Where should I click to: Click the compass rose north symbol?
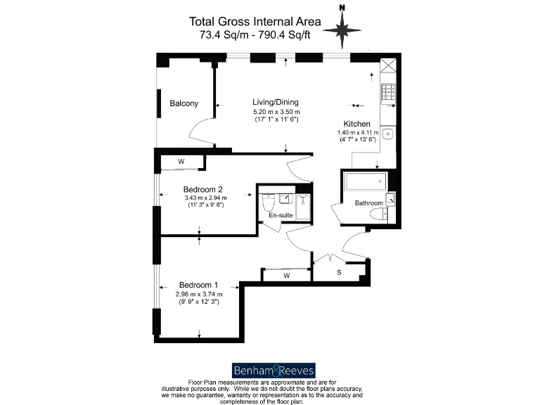[342, 28]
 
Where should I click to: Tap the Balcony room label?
[184, 104]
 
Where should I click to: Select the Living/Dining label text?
[276, 102]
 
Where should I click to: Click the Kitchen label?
[356, 124]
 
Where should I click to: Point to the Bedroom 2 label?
[203, 189]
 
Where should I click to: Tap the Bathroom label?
[368, 203]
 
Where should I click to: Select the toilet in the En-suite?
[268, 205]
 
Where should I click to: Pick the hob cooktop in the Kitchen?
[387, 92]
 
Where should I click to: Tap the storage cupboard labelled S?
[340, 272]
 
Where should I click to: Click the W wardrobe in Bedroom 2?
[181, 162]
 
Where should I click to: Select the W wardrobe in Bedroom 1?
[286, 275]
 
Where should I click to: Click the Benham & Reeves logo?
[274, 370]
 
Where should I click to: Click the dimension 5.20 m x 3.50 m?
[276, 112]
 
